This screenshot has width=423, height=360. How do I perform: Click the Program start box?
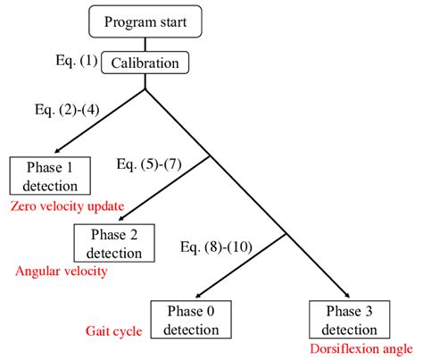145,21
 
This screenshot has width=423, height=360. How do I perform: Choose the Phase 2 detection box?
113,243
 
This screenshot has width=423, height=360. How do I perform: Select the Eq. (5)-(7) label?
150,164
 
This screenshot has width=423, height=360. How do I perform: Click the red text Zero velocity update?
67,207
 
